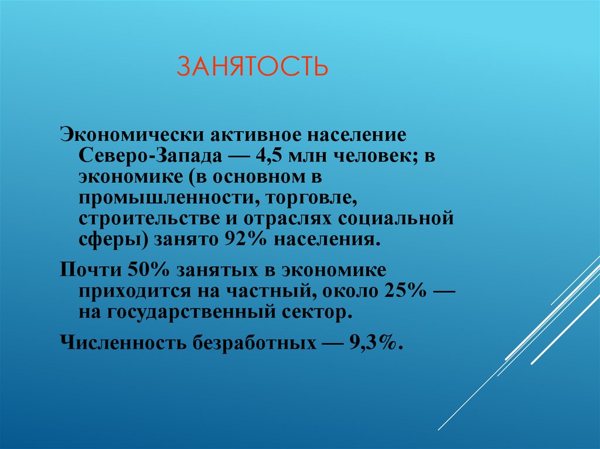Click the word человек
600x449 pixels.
(373, 156)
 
